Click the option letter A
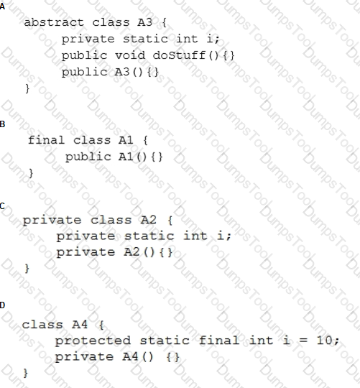[x=2, y=6]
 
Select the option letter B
[x=2, y=124]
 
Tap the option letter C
[x=2, y=206]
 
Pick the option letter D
[x=2, y=305]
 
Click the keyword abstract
[x=54, y=22]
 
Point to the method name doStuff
[x=179, y=55]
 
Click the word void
[x=130, y=55]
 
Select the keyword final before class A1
[x=46, y=140]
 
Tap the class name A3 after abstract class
[x=145, y=22]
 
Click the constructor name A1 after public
[x=126, y=157]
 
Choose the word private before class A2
[x=52, y=221]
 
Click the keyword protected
[x=93, y=341]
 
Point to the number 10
[x=324, y=341]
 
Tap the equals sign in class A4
[x=303, y=341]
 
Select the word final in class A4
[x=218, y=341]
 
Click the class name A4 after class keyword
[x=80, y=324]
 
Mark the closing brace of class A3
[x=27, y=88]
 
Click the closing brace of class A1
[x=31, y=173]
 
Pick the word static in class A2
[x=149, y=236]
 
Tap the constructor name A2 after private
[x=131, y=252]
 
